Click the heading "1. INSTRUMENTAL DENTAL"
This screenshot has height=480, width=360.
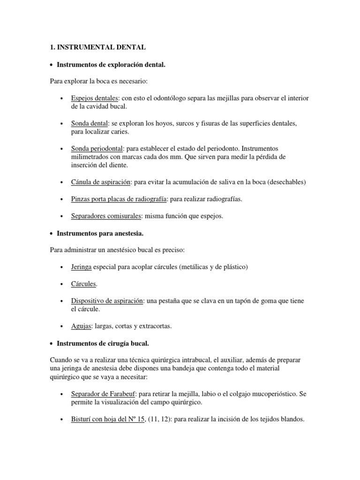pyautogui.click(x=98, y=47)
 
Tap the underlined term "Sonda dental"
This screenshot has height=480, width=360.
pyautogui.click(x=90, y=123)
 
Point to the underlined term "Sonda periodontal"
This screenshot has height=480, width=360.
pyautogui.click(x=97, y=148)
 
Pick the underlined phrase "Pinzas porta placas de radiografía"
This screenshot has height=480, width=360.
pyautogui.click(x=119, y=199)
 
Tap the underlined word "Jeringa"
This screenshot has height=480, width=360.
pyautogui.click(x=81, y=267)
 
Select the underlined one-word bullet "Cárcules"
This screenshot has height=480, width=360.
pyautogui.click(x=84, y=284)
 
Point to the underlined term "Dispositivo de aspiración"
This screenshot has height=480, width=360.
pyautogui.click(x=106, y=301)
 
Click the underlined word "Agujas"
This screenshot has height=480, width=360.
pyautogui.click(x=81, y=326)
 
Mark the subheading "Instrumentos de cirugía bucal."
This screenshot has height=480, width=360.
pyautogui.click(x=103, y=344)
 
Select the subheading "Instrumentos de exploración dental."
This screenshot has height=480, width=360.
pyautogui.click(x=111, y=64)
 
